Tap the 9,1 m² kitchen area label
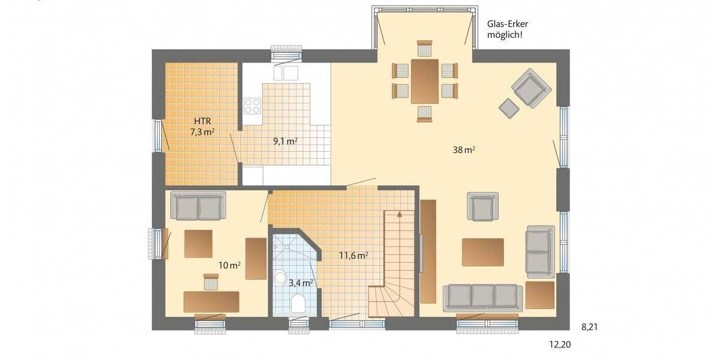(286, 142)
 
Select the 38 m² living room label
(464, 150)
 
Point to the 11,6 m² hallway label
(353, 255)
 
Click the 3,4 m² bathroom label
(300, 282)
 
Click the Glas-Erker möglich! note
(508, 29)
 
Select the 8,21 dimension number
(590, 327)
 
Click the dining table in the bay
(425, 81)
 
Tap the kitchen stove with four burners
(253, 106)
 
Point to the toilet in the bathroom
(298, 303)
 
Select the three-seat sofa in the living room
(481, 298)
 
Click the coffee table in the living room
(482, 251)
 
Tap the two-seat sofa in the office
(198, 206)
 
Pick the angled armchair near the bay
(531, 88)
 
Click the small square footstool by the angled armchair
(509, 108)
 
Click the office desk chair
(211, 281)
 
